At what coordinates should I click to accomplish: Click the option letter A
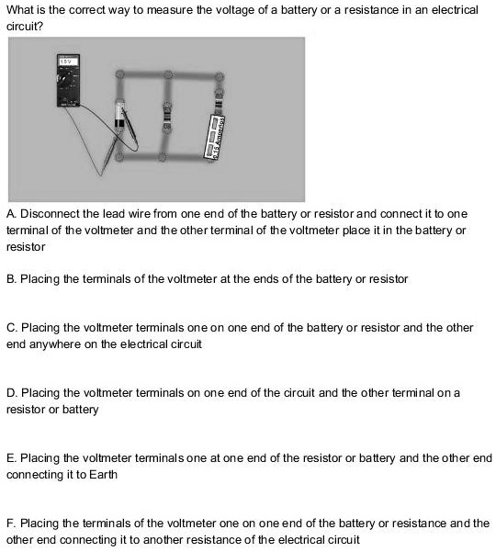click(x=10, y=213)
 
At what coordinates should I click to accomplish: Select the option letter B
click(x=10, y=277)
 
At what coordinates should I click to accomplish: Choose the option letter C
click(x=10, y=327)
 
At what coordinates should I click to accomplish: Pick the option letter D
click(x=10, y=392)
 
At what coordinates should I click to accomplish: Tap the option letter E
click(x=10, y=457)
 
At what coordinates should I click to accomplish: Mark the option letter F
click(x=10, y=523)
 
